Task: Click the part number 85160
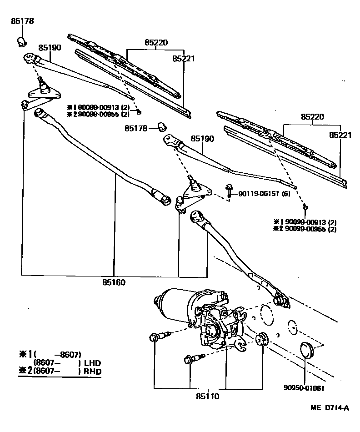pos(114,282)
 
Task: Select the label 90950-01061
pos(305,388)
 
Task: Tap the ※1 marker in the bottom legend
pos(25,354)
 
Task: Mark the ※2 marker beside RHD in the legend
pos(25,372)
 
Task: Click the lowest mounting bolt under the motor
pos(190,360)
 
